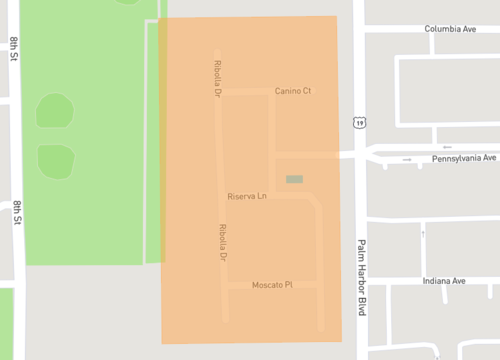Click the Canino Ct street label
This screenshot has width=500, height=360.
(293, 91)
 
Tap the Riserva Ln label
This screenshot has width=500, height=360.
(247, 196)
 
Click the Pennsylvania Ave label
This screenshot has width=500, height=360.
(464, 159)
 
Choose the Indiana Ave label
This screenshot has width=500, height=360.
(445, 282)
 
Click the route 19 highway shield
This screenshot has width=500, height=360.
(358, 122)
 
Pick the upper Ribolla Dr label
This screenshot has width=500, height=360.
(217, 78)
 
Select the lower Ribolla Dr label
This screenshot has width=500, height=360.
(223, 243)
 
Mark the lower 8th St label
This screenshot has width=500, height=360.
(18, 215)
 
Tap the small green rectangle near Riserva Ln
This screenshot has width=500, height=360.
(294, 179)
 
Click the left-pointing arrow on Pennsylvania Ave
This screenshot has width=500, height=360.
(446, 146)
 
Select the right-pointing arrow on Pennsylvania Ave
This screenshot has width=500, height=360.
(407, 159)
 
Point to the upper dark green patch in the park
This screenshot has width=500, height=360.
(55, 110)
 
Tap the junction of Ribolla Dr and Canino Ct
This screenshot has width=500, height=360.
(219, 91)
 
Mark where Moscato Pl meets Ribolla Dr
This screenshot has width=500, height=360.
(224, 285)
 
